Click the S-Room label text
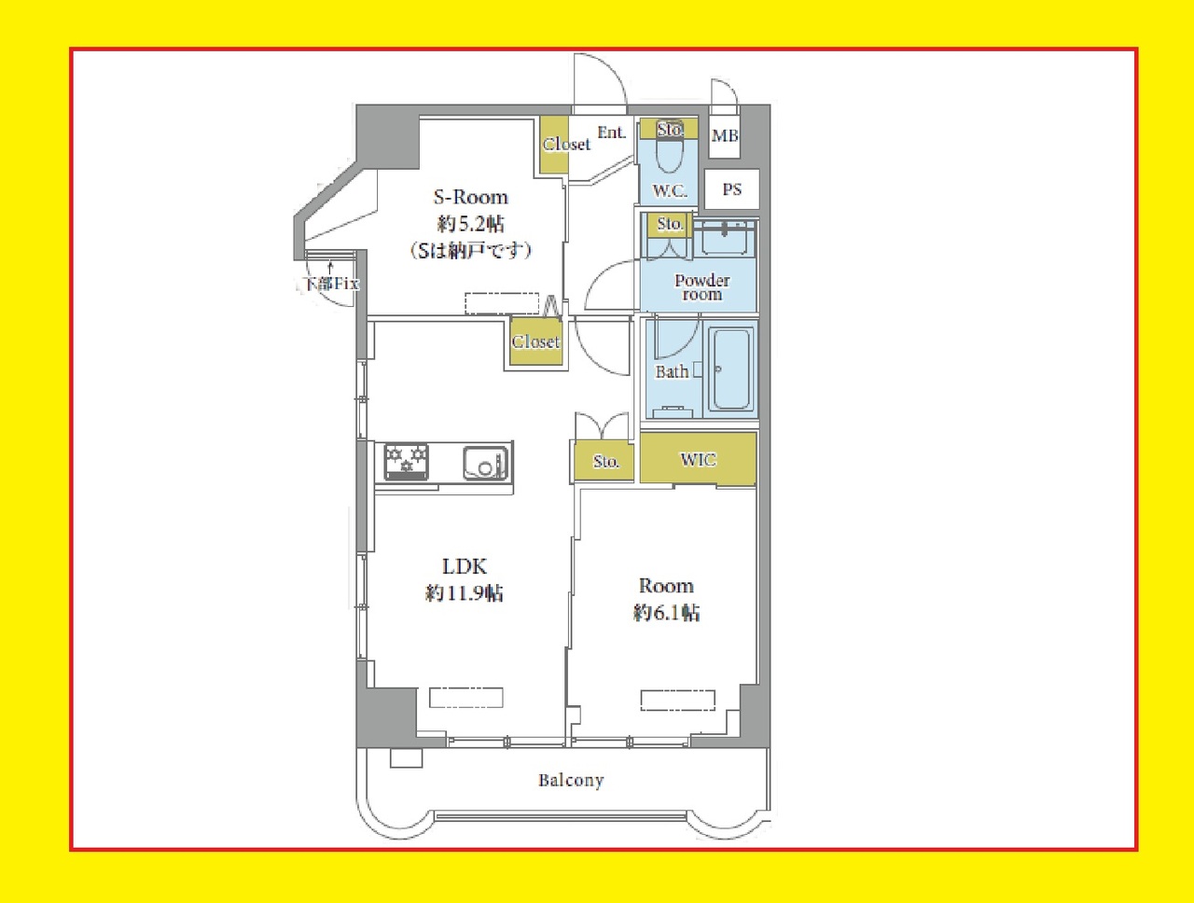click(x=470, y=197)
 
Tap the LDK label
click(x=464, y=567)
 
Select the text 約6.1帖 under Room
click(x=666, y=613)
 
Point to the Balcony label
click(x=571, y=781)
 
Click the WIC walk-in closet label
click(x=699, y=460)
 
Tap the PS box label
click(x=731, y=189)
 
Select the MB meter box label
click(x=725, y=135)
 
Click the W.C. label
click(x=670, y=191)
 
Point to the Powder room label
click(x=702, y=287)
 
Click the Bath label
click(x=672, y=372)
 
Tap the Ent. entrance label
click(x=611, y=132)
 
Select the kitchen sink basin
click(x=485, y=463)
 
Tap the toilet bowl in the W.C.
click(x=669, y=150)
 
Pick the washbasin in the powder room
click(x=725, y=237)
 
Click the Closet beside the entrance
click(x=554, y=145)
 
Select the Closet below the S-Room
click(x=535, y=341)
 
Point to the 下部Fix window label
click(x=330, y=284)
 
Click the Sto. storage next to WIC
click(x=604, y=461)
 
